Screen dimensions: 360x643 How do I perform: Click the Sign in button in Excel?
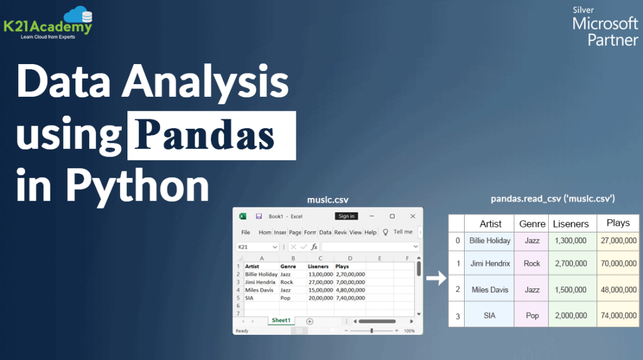click(x=347, y=216)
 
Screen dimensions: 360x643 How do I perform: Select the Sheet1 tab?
click(x=281, y=320)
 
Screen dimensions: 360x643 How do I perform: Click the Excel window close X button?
click(x=411, y=216)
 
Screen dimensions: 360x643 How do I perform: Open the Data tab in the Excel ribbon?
click(x=325, y=232)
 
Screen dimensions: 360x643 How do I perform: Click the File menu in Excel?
click(x=246, y=232)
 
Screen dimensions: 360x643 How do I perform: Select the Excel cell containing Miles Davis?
click(x=259, y=290)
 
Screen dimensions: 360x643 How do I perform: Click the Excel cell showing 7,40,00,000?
click(x=350, y=297)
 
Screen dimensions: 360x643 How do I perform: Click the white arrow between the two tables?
click(x=435, y=278)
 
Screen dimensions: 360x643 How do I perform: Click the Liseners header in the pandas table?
click(x=570, y=224)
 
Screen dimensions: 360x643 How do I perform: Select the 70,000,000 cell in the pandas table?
click(x=618, y=263)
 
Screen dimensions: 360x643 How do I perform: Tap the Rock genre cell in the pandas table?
click(x=532, y=263)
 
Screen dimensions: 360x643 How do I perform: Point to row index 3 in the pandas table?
click(x=457, y=315)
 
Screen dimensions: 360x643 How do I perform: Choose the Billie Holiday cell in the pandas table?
click(x=490, y=241)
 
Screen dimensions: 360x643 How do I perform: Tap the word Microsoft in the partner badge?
click(x=605, y=25)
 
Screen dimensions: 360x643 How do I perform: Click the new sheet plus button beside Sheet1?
click(x=309, y=321)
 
